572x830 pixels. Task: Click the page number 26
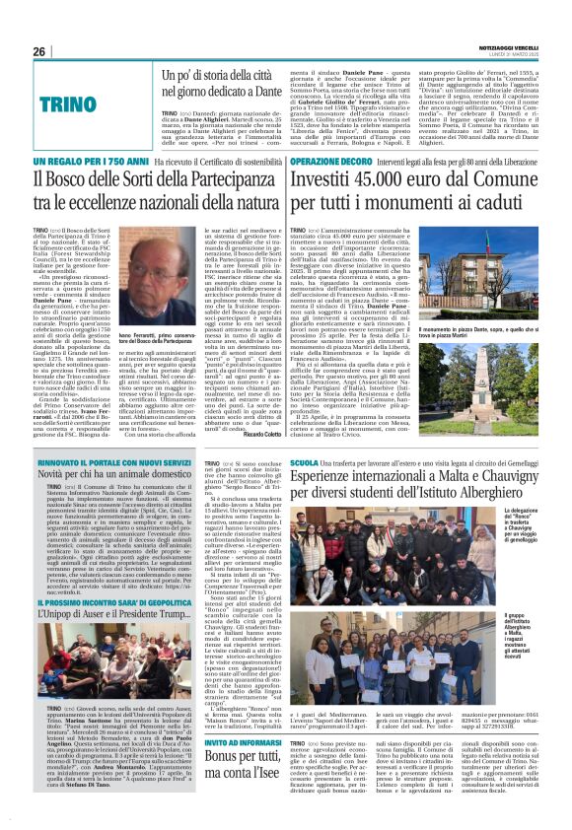(x=39, y=51)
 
